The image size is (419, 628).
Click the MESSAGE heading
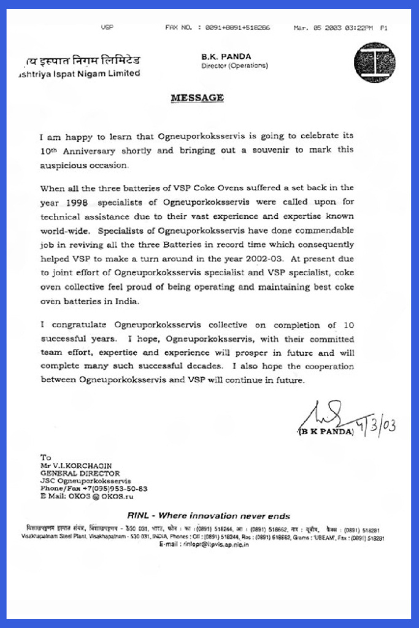click(196, 98)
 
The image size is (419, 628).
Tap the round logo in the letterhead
click(375, 63)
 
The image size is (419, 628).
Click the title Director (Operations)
click(234, 66)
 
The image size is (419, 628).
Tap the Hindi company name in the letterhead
click(82, 60)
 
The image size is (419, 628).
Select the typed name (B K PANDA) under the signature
click(326, 432)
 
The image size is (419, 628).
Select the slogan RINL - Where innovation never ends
click(209, 516)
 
